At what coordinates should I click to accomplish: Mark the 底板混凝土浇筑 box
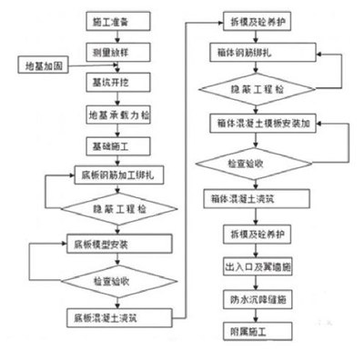[118, 316]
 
